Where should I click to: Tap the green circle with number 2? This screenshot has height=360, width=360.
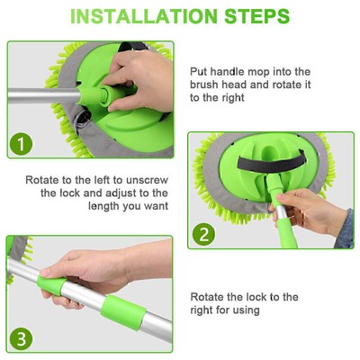[x=206, y=233]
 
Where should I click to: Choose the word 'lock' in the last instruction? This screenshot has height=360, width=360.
[x=270, y=296]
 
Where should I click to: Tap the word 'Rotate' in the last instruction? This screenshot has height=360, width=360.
[x=212, y=296]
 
